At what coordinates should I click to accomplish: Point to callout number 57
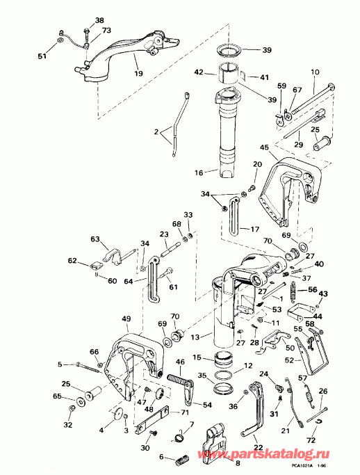[x=302, y=378]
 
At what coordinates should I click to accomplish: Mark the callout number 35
[x=202, y=376]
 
